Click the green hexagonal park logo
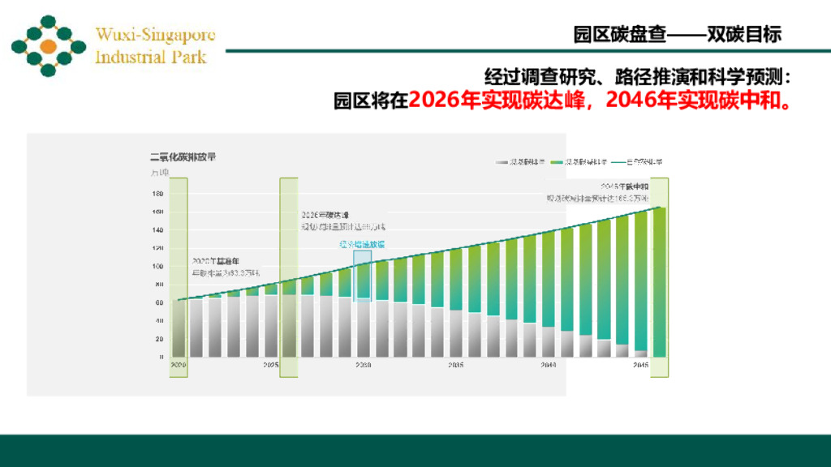point(48,46)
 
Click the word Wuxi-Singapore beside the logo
point(155,35)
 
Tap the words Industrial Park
point(150,57)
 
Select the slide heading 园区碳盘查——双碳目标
point(677,34)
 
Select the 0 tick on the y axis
point(161,357)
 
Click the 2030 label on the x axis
point(363,366)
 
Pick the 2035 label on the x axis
point(455,366)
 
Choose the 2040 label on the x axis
point(549,366)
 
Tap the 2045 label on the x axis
point(640,366)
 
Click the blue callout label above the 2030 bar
point(362,243)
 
